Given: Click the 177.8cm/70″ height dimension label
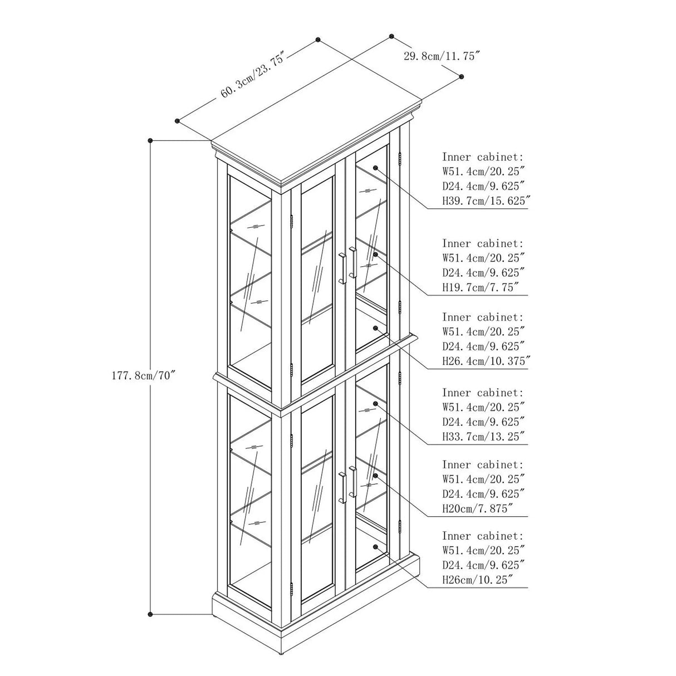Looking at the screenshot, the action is pos(143,376).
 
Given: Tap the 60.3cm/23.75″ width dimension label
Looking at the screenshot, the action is pos(252,76).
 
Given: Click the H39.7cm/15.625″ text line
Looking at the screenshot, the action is pos(486,200).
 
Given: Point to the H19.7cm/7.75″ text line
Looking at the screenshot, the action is pos(480,287).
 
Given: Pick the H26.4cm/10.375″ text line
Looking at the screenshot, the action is pos(486,361).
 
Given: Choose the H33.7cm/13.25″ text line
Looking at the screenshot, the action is pos(483,437).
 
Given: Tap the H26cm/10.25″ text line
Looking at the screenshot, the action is pos(480,580).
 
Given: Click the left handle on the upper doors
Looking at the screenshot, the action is pos(342,268).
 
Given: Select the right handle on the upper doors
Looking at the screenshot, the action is pos(353,262).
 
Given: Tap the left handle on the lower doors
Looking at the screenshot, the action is pos(342,488).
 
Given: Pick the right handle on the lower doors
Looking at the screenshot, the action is pos(353,482).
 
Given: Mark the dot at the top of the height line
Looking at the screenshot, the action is pos(150,140).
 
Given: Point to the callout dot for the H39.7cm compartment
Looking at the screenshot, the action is pos(375,168).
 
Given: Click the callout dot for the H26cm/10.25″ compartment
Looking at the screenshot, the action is pos(375,547).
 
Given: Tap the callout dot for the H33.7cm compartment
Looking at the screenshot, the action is pos(375,403).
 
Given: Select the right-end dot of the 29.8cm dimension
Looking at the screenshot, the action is pos(461,76).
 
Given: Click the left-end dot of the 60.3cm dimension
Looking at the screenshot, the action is pos(177,121).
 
